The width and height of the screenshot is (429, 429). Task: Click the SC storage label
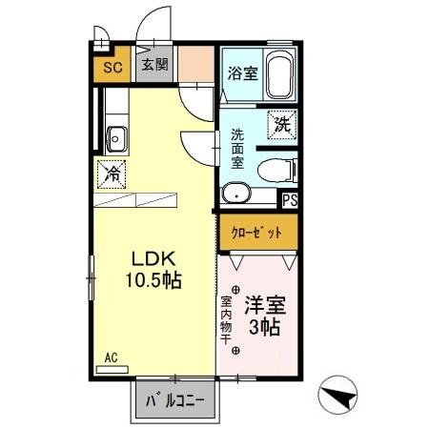click(110, 68)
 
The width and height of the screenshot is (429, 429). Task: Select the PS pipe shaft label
click(290, 199)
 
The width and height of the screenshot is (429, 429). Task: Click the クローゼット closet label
click(257, 232)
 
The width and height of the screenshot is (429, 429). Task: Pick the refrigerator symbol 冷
click(112, 174)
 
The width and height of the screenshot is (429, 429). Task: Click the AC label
click(111, 358)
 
